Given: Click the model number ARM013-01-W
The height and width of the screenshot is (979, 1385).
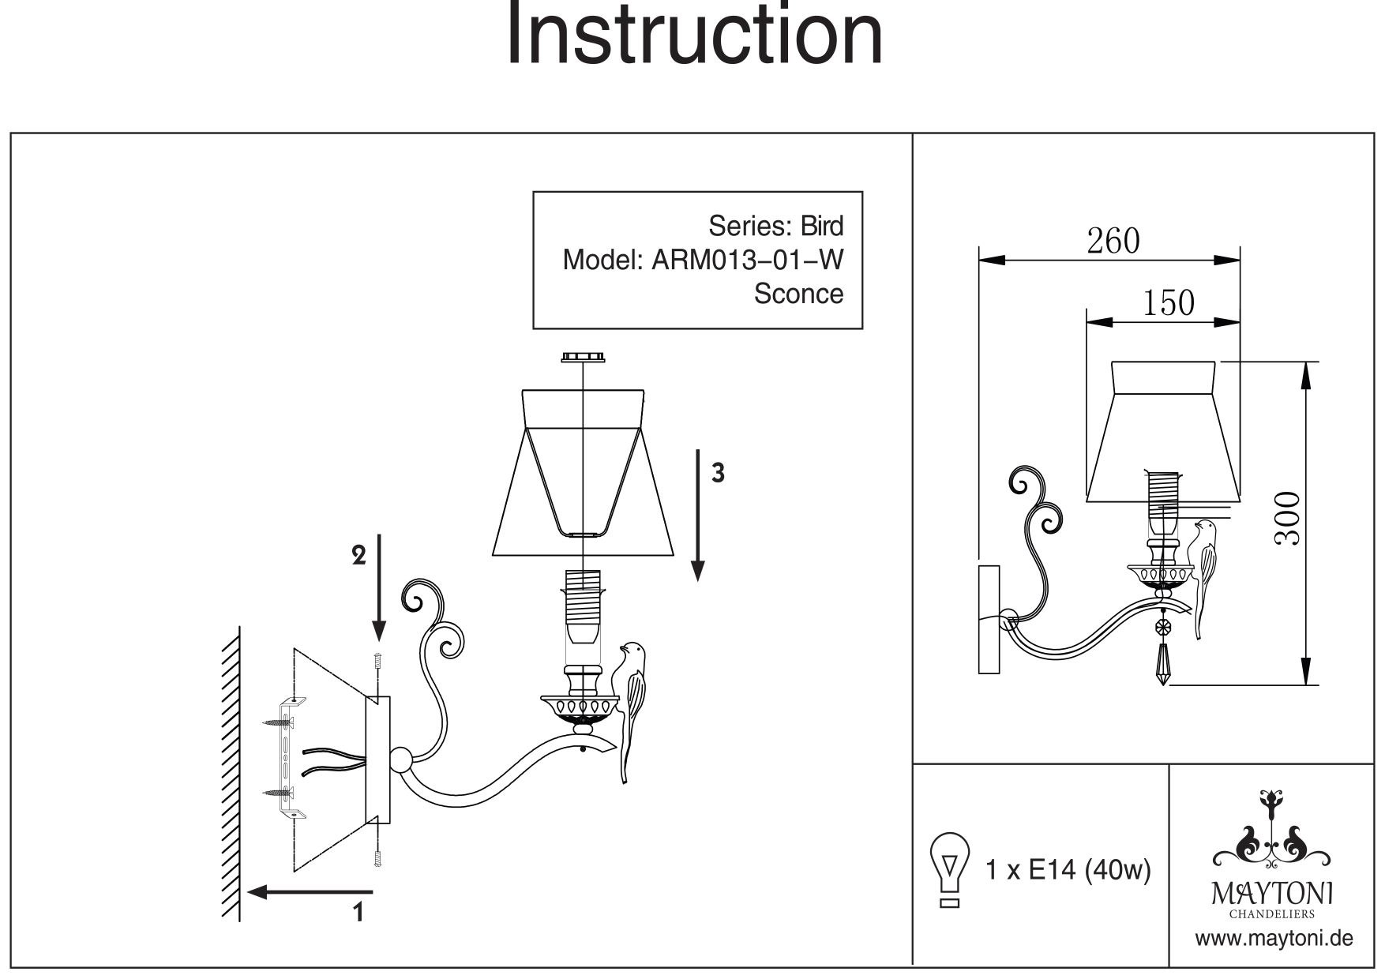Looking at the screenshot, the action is tap(747, 260).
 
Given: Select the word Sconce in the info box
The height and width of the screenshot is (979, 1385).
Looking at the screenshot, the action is tap(798, 294).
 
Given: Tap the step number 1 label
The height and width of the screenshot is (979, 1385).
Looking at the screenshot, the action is tap(359, 912).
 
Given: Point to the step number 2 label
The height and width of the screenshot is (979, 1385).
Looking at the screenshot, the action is tap(358, 556).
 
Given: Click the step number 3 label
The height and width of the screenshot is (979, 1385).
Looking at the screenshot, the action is tap(717, 473).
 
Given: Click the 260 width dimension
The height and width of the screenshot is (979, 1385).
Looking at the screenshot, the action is tap(1113, 241).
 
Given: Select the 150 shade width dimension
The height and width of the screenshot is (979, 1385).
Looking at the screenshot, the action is tap(1169, 303).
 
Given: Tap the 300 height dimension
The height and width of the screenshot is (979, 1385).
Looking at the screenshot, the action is tap(1286, 518).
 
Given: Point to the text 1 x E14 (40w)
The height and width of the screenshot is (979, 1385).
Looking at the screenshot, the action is tap(1068, 870).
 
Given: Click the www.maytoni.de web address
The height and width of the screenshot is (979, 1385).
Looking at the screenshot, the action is tap(1274, 939).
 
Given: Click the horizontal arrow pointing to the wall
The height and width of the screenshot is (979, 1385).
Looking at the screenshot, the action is tap(310, 892).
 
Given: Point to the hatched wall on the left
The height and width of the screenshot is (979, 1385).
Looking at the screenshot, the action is tap(231, 774).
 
